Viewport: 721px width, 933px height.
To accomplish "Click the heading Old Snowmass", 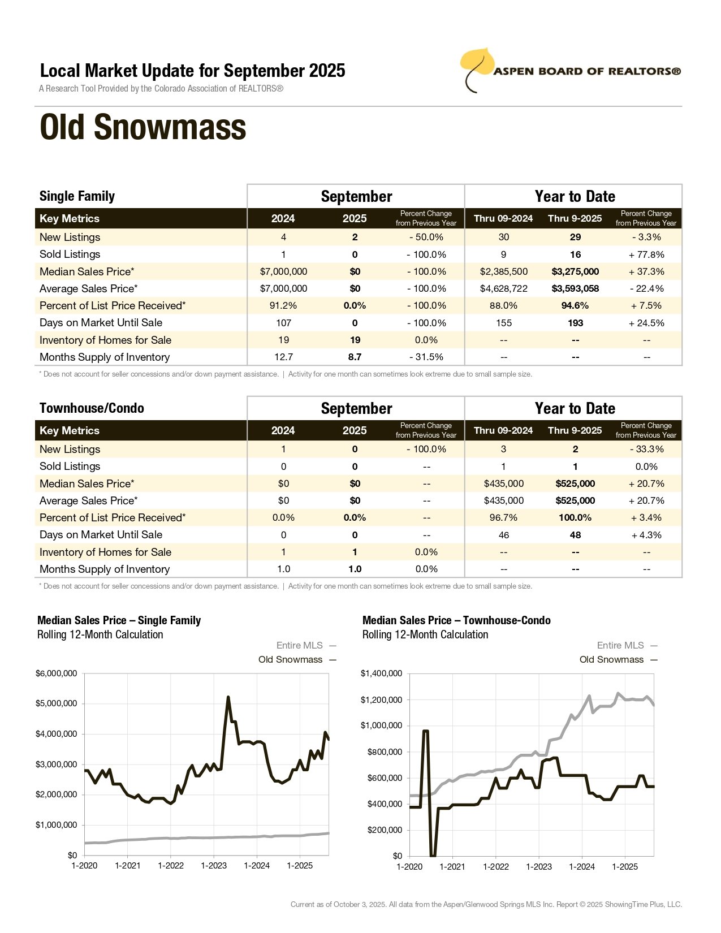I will click(x=143, y=127).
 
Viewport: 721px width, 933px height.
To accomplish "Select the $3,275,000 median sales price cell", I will click(x=575, y=271).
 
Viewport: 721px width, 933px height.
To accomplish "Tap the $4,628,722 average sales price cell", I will click(x=503, y=288).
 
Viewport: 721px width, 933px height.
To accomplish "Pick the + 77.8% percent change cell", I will click(x=646, y=254).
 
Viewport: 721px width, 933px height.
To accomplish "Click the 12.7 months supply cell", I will click(x=283, y=357).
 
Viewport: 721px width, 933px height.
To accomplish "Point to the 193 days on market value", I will click(x=575, y=323).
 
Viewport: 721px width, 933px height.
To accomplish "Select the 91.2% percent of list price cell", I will click(x=283, y=305).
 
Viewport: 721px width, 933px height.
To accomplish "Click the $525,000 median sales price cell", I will click(x=575, y=483).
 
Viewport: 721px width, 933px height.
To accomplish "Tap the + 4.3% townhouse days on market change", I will click(x=646, y=535).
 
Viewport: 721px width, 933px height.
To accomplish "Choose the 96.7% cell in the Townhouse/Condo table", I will click(x=503, y=517).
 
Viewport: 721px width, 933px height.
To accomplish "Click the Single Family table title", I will click(x=77, y=196).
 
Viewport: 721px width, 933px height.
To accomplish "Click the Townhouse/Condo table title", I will click(x=92, y=408).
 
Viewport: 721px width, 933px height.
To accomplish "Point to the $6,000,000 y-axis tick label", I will click(x=56, y=673).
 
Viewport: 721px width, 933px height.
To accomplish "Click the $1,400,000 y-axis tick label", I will click(x=381, y=673).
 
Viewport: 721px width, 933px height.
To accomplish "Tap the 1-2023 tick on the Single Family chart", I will click(x=214, y=866).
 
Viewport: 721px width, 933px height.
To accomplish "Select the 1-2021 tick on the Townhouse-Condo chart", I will click(x=452, y=867).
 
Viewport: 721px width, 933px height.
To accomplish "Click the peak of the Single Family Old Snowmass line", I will click(x=228, y=697).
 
